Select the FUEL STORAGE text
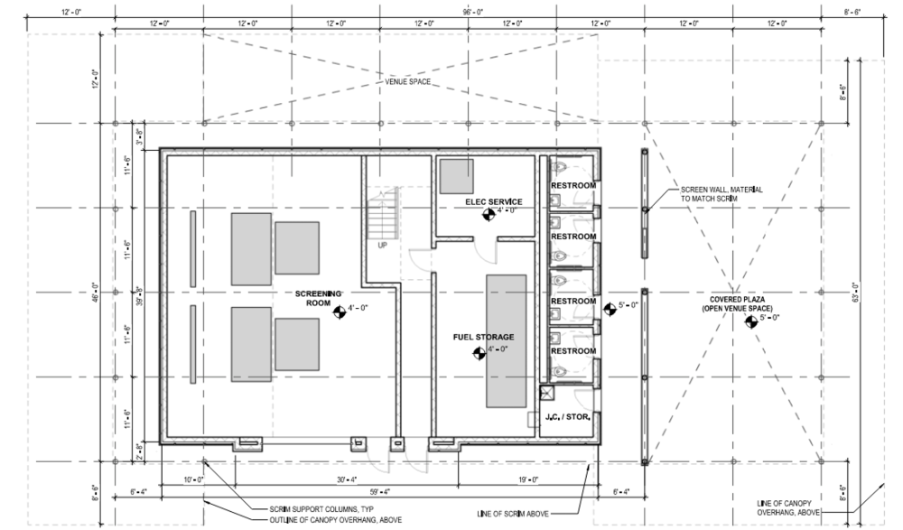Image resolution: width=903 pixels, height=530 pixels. [478, 337]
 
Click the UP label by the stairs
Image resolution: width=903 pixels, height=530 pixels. [382, 245]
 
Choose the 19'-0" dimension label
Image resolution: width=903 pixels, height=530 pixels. [528, 479]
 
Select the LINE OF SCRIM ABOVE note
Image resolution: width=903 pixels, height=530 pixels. [519, 513]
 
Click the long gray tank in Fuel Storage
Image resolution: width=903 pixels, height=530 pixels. [507, 341]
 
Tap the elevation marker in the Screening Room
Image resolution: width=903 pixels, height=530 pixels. [340, 311]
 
